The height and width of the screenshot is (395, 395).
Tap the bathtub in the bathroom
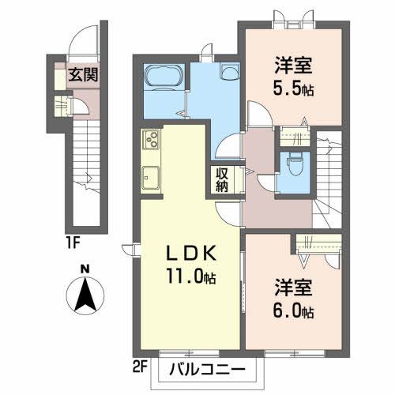[x=164, y=77]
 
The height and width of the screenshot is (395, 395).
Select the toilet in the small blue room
[x=295, y=164]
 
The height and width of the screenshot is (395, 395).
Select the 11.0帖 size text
[x=190, y=277]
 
